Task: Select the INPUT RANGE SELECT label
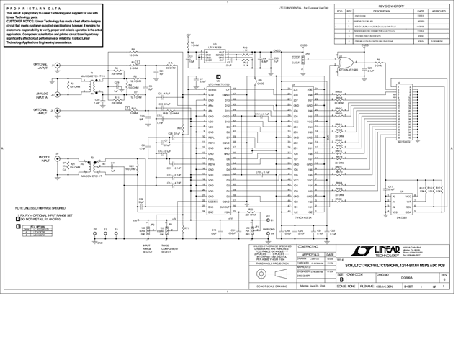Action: [146, 249]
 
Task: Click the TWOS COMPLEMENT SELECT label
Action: [169, 249]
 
